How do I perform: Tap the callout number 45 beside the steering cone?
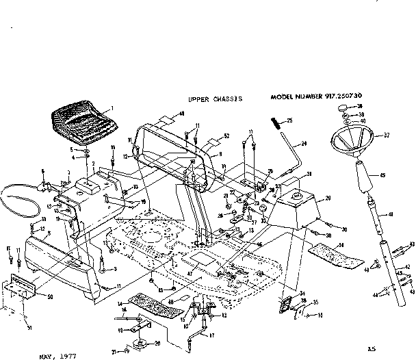[x=382, y=176]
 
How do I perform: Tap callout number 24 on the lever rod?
[x=305, y=143]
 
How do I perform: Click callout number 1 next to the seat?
[x=112, y=109]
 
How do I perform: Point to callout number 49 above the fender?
[x=182, y=114]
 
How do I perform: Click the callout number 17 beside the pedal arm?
[x=212, y=335]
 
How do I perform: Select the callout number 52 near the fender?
[x=226, y=136]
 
